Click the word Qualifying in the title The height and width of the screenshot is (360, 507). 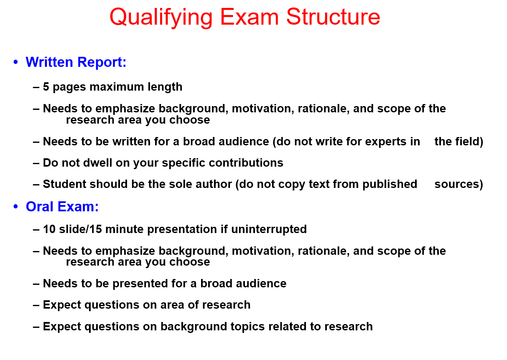(x=161, y=18)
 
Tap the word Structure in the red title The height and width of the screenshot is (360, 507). (x=333, y=17)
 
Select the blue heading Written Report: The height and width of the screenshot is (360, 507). (x=76, y=62)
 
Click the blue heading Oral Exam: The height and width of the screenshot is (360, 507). (x=62, y=206)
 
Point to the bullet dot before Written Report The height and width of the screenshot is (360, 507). (x=15, y=62)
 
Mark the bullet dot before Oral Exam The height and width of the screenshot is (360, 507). (x=15, y=206)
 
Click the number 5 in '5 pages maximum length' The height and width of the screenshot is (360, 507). (x=46, y=86)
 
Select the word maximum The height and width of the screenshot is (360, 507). (x=117, y=86)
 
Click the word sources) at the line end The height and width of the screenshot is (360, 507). (x=459, y=184)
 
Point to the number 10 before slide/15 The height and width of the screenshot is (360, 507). (x=49, y=229)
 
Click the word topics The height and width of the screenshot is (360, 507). (x=247, y=327)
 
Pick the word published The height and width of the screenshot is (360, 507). (x=390, y=184)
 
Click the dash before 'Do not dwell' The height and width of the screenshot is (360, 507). (x=36, y=163)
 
